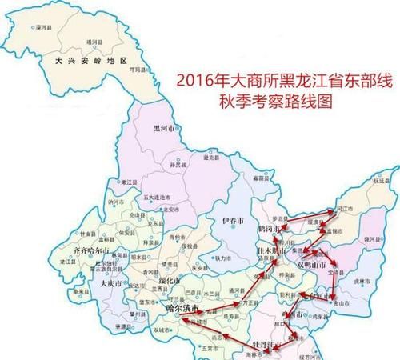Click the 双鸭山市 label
[312, 265]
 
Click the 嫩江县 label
[126, 182]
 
